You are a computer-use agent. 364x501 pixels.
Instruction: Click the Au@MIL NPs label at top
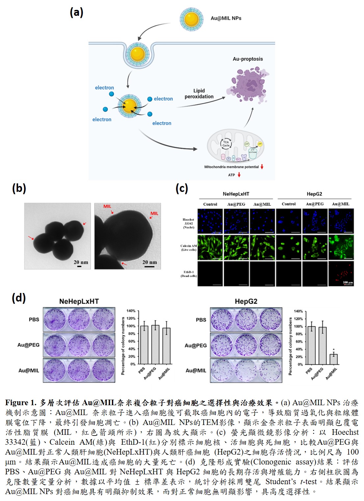226,18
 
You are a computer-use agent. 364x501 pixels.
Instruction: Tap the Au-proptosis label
247,59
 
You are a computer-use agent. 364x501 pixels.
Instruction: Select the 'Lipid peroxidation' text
199,93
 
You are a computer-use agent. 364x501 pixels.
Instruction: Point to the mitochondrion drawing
235,146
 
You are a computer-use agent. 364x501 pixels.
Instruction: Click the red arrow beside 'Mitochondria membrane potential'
262,167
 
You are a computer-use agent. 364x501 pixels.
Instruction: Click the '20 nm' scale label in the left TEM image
81,262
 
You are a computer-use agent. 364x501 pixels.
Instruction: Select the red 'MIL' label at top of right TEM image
107,206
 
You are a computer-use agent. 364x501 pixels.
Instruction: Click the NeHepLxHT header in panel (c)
236,194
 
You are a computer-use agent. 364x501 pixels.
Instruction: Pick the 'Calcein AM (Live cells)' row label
188,248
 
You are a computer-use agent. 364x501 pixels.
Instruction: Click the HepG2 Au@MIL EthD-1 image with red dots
341,274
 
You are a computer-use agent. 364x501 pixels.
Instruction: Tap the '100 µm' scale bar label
348,282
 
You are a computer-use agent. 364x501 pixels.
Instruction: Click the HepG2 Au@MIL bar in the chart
333,359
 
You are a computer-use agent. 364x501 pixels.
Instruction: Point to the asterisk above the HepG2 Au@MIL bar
333,350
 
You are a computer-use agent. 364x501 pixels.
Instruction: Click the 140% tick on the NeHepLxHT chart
131,311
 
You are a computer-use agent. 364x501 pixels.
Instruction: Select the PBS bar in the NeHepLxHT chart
144,345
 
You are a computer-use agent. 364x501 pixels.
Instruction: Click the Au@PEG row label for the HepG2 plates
195,345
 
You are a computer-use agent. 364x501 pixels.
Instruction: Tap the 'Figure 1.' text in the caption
21,403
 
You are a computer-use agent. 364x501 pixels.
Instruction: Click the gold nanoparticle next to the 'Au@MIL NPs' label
191,19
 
